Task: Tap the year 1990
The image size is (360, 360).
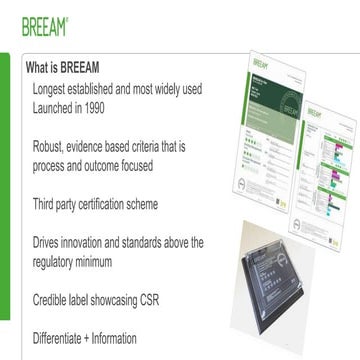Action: click(118, 108)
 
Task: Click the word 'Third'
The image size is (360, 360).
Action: click(46, 204)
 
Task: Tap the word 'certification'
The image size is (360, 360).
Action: click(110, 204)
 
